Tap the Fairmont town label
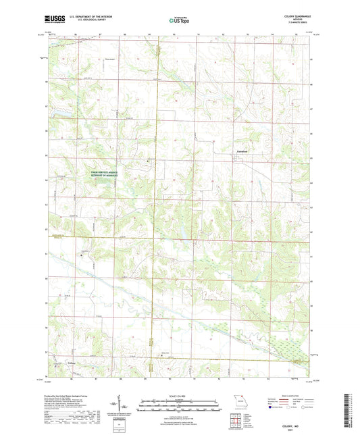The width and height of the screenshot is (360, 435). click(x=241, y=151)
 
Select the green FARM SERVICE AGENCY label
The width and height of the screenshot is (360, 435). click(x=108, y=173)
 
